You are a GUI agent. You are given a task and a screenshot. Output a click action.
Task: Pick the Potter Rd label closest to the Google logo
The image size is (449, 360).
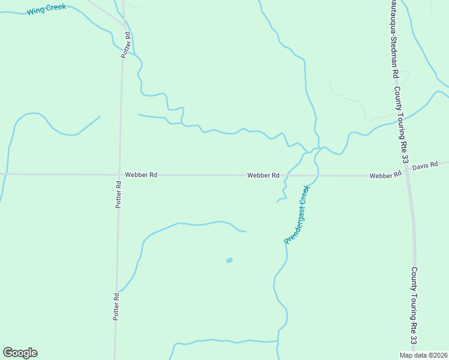coord(116,305)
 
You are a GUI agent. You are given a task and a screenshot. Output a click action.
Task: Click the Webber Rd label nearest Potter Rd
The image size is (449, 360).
coord(141,175)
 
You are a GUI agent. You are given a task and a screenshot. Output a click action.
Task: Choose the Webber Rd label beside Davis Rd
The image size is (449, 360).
coord(385,175)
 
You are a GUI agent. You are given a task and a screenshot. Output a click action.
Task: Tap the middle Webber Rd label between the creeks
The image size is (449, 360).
coord(263,175)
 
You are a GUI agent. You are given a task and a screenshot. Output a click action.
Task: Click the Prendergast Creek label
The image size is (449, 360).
coord(297,214)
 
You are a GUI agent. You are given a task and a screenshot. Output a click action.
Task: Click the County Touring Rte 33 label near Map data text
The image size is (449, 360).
coord(414,306)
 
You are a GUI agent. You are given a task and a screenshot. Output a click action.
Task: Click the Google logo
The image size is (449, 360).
coord(20,353)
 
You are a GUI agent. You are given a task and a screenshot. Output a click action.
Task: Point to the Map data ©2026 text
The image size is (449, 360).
coord(423,355)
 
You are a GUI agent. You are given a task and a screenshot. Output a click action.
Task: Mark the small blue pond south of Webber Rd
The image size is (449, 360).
coord(229,260)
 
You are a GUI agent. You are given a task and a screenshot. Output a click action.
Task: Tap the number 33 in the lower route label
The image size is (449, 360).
coord(414,340)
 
